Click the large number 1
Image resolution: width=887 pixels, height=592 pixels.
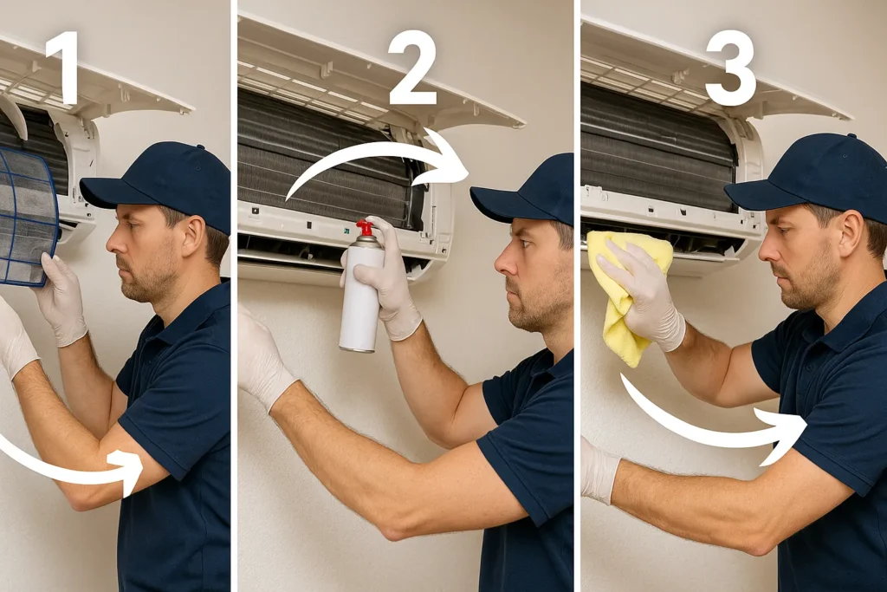(63, 68)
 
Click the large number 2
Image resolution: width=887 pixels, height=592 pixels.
(412, 68)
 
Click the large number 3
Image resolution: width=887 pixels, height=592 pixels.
(729, 68)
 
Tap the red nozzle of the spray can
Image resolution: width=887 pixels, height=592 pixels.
(366, 227)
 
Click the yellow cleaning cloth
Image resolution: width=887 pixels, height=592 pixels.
(625, 295)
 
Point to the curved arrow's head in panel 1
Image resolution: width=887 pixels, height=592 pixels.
(127, 472)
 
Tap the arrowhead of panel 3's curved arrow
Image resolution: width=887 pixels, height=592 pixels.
(783, 436)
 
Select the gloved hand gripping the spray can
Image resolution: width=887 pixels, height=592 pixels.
(385, 277)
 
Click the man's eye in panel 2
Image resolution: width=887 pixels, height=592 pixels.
(524, 244)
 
